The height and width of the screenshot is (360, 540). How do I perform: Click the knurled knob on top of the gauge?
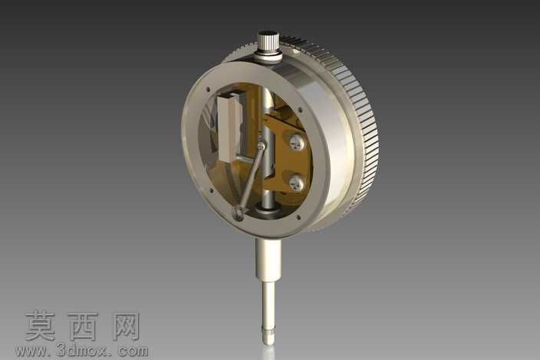270,42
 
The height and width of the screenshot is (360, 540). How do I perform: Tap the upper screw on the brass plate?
297,142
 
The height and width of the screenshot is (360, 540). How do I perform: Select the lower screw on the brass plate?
297,183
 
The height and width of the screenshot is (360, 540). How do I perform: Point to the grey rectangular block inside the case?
229,127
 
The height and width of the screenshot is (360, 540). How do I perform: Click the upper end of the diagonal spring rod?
262,146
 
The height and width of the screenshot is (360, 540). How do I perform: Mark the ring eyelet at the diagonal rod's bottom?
239,213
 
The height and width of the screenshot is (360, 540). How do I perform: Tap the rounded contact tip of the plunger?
268,339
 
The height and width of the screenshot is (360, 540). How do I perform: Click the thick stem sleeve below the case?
268,259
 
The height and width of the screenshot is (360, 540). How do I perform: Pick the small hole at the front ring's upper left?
208,90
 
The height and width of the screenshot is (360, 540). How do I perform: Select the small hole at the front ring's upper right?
300,111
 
